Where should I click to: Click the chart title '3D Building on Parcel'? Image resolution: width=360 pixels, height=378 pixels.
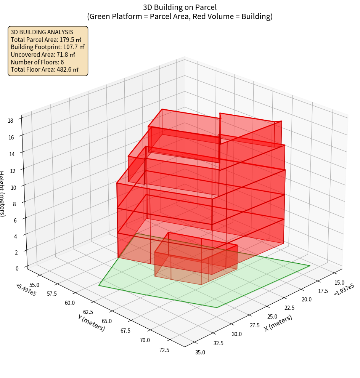pyautogui.click(x=180, y=7)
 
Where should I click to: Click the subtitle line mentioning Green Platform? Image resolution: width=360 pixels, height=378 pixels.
pyautogui.click(x=180, y=16)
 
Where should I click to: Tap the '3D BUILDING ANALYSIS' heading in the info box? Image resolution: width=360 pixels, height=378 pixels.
pyautogui.click(x=42, y=32)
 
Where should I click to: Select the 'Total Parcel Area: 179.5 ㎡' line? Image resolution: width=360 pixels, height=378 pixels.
pyautogui.click(x=46, y=40)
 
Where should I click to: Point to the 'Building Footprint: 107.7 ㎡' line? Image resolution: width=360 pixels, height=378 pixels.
pyautogui.click(x=48, y=47)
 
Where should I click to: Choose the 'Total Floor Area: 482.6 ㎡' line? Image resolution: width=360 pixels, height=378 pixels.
pyautogui.click(x=45, y=69)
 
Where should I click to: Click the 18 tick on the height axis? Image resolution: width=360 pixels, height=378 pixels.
pyautogui.click(x=10, y=121)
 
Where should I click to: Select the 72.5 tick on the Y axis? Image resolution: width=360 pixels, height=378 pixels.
pyautogui.click(x=165, y=350)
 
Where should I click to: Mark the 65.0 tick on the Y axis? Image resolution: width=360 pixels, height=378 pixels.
pyautogui.click(x=104, y=321)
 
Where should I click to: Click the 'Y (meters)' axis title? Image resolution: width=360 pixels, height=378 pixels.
pyautogui.click(x=92, y=322)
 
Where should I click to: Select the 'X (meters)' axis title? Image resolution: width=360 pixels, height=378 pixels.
pyautogui.click(x=278, y=323)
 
